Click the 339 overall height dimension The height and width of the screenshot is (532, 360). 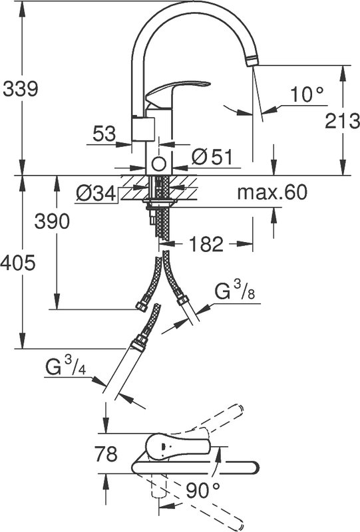pos(21,89)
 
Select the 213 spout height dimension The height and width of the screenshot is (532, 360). pos(342,121)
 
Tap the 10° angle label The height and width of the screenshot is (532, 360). pos(307,94)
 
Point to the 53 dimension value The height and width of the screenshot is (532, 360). pos(104,134)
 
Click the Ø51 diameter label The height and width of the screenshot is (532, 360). pos(212,157)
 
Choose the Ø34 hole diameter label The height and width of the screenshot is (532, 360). pos(96,194)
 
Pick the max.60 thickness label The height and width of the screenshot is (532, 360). pos(272,192)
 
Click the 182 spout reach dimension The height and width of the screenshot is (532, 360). pos(206,244)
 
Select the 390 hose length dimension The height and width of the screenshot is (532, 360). pos(52,221)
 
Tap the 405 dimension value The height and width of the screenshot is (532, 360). pos(18,263)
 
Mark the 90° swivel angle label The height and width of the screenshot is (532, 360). pos(203,490)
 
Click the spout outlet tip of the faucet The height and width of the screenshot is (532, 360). pos(252,61)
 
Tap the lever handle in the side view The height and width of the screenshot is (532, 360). pos(177,92)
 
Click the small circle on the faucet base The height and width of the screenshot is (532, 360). pos(158,164)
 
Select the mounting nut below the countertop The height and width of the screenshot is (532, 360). pos(159,203)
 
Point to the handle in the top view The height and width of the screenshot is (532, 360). pos(176,448)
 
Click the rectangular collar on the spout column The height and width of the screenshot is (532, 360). pos(143,128)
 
